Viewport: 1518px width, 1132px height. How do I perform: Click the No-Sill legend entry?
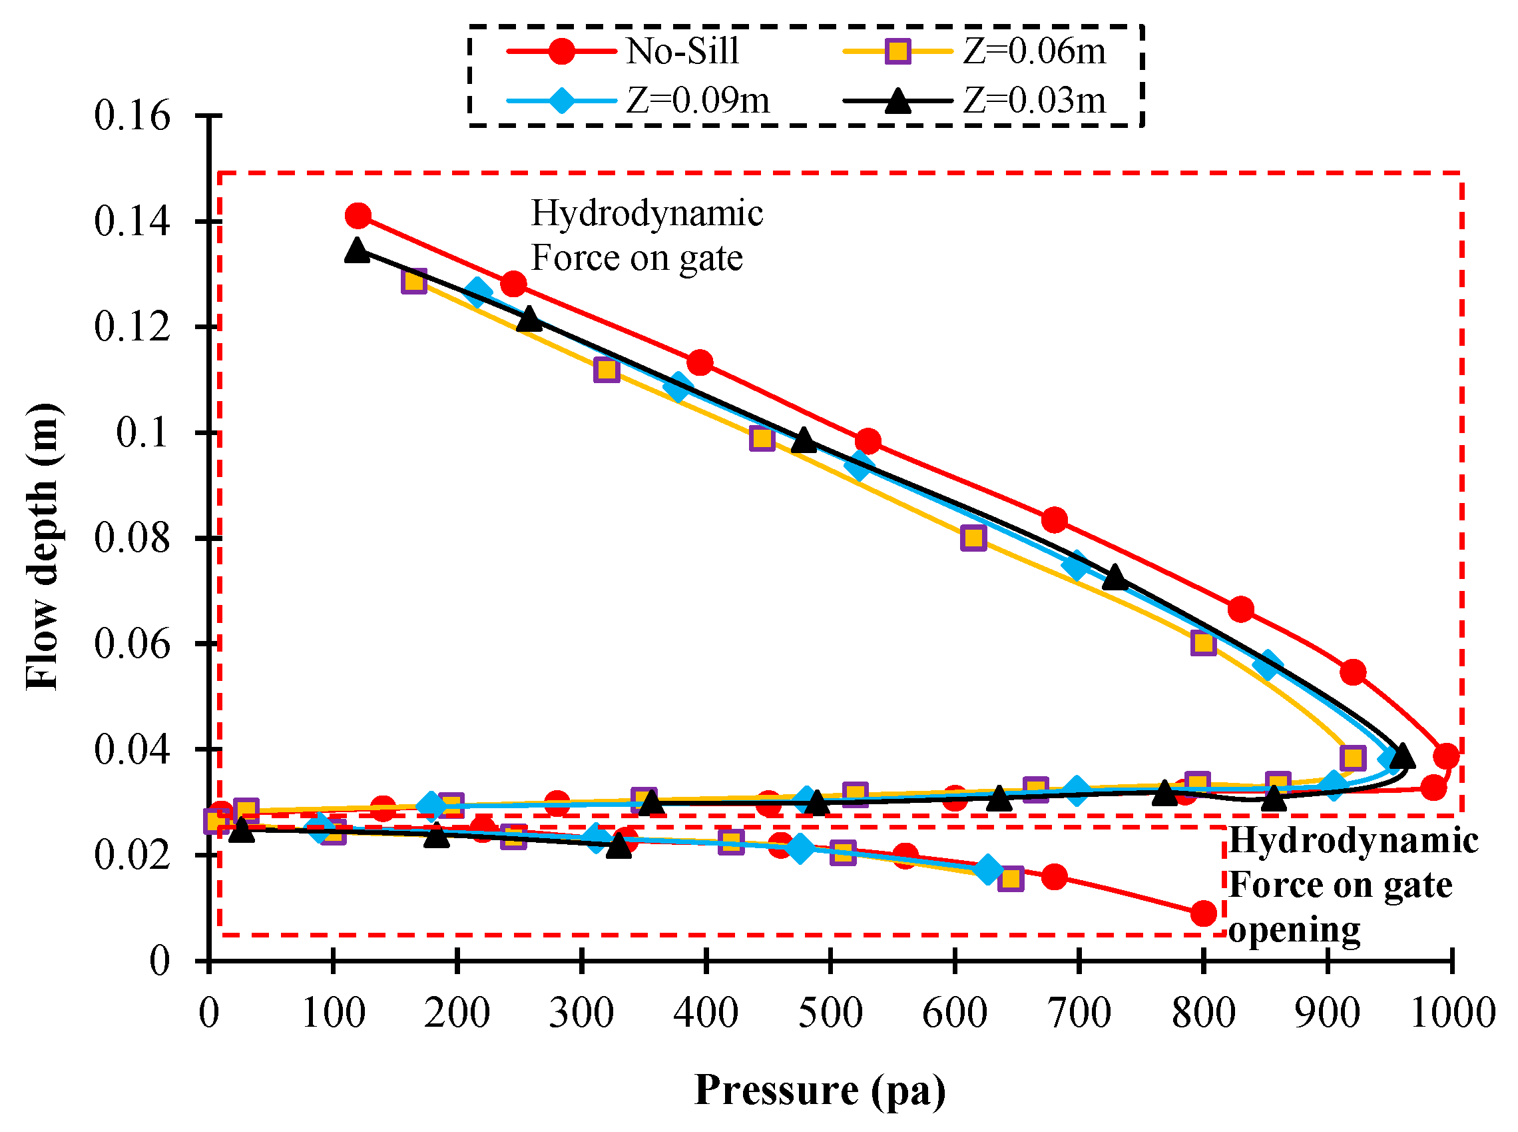tap(682, 51)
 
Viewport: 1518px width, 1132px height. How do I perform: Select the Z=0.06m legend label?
tap(1034, 51)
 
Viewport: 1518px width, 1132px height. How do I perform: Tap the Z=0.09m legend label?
tap(697, 101)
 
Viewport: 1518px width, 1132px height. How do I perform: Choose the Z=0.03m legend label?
tap(1034, 101)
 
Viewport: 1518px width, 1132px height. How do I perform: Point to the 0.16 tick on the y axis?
tap(131, 116)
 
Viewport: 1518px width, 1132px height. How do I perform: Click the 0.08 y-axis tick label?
tap(131, 538)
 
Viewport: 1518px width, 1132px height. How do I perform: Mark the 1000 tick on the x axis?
tap(1452, 1013)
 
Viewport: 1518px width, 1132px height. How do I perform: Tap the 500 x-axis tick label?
tap(830, 1013)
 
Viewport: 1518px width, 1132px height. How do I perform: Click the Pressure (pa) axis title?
tap(820, 1090)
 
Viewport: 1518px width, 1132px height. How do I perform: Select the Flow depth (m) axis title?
tap(43, 546)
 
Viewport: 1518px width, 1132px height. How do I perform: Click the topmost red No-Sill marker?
tap(358, 217)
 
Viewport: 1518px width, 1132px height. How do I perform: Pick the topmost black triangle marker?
tap(357, 250)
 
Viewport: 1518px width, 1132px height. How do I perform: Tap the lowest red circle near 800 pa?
tap(1203, 913)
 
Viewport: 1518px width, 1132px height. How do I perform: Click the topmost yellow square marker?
tap(413, 281)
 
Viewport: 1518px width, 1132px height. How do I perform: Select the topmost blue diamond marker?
tap(477, 292)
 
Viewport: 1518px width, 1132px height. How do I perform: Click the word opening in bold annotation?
tap(1294, 930)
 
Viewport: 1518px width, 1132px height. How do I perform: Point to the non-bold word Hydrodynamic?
tap(646, 214)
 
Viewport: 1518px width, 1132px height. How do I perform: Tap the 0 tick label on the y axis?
tap(159, 961)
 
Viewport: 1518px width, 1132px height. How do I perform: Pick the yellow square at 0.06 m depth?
tap(1203, 644)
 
